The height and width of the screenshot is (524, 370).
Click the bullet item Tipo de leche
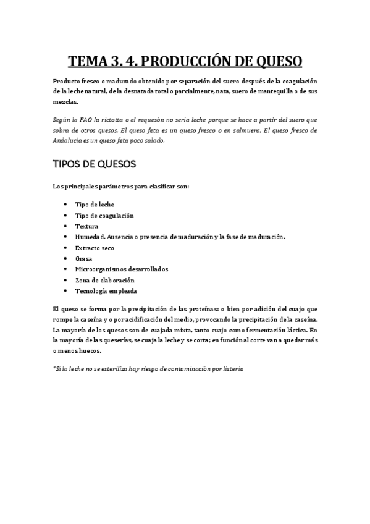tap(95, 204)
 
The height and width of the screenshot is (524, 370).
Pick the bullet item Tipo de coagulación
tap(104, 215)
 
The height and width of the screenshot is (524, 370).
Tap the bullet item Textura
tap(87, 226)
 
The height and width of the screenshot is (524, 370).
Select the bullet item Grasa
tap(83, 258)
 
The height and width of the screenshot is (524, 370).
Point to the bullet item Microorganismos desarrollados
tap(121, 269)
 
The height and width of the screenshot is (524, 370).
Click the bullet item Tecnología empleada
tap(106, 290)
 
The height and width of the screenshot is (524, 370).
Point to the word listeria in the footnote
tap(232, 368)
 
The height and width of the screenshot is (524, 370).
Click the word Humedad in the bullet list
tap(90, 237)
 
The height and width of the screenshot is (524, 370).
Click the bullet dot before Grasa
tap(67, 258)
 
